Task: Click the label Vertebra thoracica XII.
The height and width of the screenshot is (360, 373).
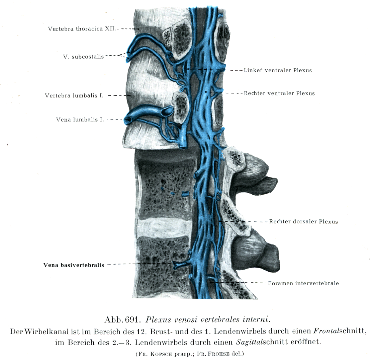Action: tap(81, 29)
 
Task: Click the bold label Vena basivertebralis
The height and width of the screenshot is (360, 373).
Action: tap(74, 265)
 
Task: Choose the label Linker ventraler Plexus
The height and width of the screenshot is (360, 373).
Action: tap(278, 70)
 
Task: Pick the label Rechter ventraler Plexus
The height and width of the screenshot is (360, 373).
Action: tap(279, 93)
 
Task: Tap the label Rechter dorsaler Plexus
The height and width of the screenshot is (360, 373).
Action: tap(303, 221)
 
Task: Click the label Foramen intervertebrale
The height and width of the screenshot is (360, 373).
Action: tap(303, 283)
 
